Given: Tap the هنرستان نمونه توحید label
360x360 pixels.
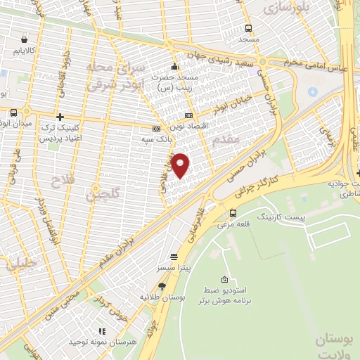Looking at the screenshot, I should (101, 341).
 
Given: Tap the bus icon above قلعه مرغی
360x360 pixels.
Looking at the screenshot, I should (233, 213).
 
